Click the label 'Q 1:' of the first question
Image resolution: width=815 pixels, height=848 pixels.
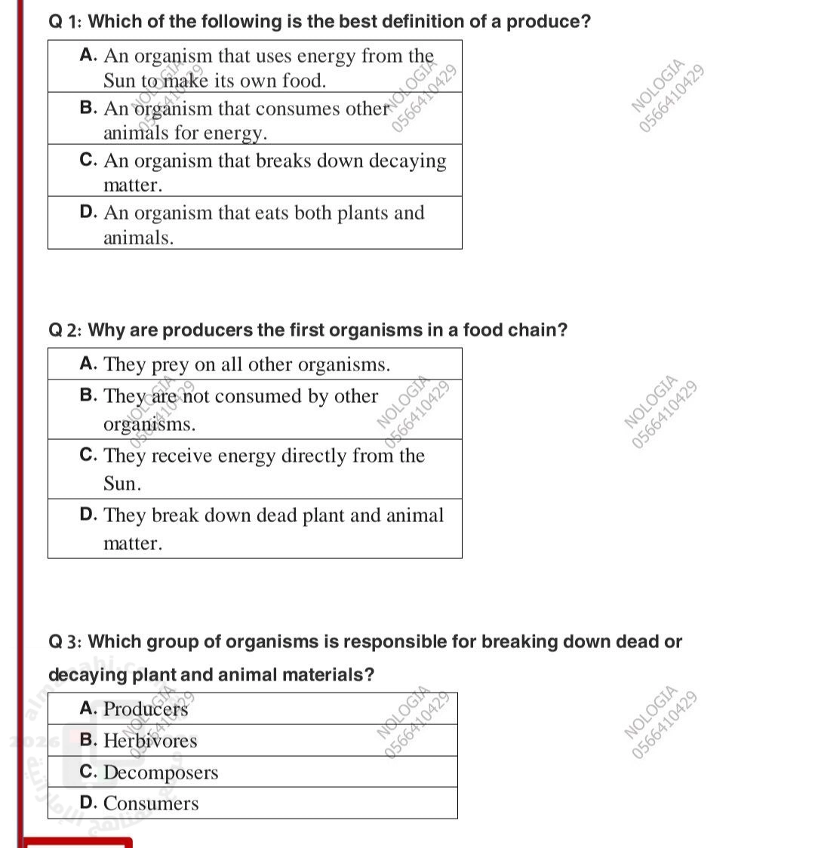(66, 22)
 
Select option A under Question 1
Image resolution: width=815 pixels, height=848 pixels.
(255, 67)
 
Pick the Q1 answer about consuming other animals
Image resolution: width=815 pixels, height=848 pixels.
(255, 119)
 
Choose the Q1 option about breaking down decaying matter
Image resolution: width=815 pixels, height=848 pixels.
(255, 171)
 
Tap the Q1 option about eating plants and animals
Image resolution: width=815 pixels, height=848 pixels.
(255, 223)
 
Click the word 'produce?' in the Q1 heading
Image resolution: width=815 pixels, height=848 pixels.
(549, 22)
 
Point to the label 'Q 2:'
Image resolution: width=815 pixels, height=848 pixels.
(66, 330)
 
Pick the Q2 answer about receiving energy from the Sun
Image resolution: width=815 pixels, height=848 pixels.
(255, 469)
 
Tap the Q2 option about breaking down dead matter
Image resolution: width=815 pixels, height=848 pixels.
(255, 528)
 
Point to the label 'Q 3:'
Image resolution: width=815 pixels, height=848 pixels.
(66, 642)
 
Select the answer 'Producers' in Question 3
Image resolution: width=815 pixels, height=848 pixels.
(146, 709)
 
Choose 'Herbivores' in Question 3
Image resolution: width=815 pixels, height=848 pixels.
(149, 741)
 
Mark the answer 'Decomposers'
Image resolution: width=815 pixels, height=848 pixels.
(160, 773)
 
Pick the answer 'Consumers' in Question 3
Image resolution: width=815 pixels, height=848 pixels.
(151, 803)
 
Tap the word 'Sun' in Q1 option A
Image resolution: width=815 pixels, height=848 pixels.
(118, 80)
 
